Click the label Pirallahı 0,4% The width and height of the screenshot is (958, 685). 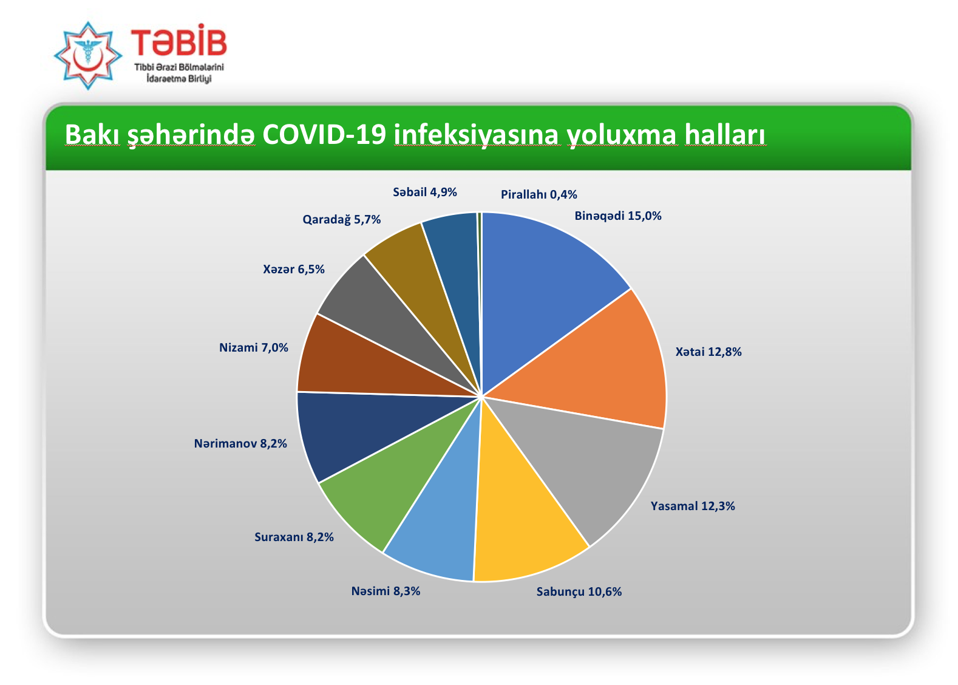(x=539, y=195)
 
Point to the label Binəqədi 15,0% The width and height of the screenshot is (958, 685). (x=618, y=216)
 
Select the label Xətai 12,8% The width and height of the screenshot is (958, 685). (x=708, y=352)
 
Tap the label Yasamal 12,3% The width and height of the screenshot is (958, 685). (x=693, y=506)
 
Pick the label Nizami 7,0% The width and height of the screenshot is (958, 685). (x=254, y=347)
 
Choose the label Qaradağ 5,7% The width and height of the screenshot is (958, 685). (x=341, y=219)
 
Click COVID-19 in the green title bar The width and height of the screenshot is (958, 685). (x=324, y=134)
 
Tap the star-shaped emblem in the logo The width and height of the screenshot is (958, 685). (x=88, y=56)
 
